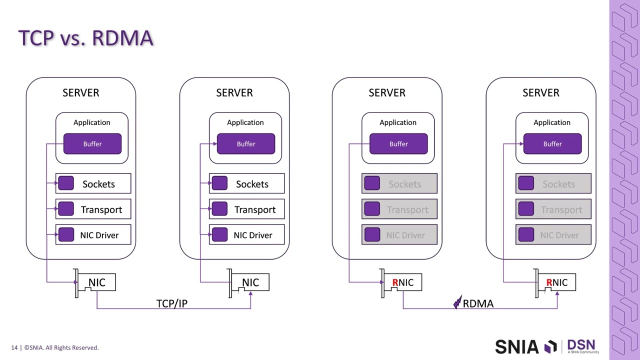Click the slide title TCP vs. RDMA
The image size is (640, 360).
pos(85,38)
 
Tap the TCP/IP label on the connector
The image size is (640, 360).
pos(171,303)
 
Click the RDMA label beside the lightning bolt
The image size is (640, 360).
pos(478,303)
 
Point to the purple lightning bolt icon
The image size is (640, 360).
pos(457,302)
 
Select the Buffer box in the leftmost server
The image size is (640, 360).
pos(92,144)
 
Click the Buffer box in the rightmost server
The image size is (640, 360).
pos(552,144)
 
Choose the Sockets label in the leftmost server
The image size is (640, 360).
pos(98,184)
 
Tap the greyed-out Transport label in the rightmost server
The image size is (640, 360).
pos(561,210)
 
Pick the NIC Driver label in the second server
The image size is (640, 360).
pos(253,235)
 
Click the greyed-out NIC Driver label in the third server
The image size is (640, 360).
pos(405,235)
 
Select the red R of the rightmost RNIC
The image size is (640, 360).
pos(549,282)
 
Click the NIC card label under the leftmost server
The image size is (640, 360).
pos(97,282)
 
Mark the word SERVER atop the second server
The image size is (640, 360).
pos(234,92)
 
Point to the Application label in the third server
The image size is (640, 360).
pos(398,122)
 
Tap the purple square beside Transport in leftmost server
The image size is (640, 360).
pos(66,209)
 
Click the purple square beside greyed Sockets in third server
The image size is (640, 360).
pos(372,184)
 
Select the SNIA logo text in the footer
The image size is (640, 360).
pos(517,346)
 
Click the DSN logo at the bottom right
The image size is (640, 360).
pos(581,345)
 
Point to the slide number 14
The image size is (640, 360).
pos(14,347)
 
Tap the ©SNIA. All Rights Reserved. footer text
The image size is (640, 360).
pos(61,347)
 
